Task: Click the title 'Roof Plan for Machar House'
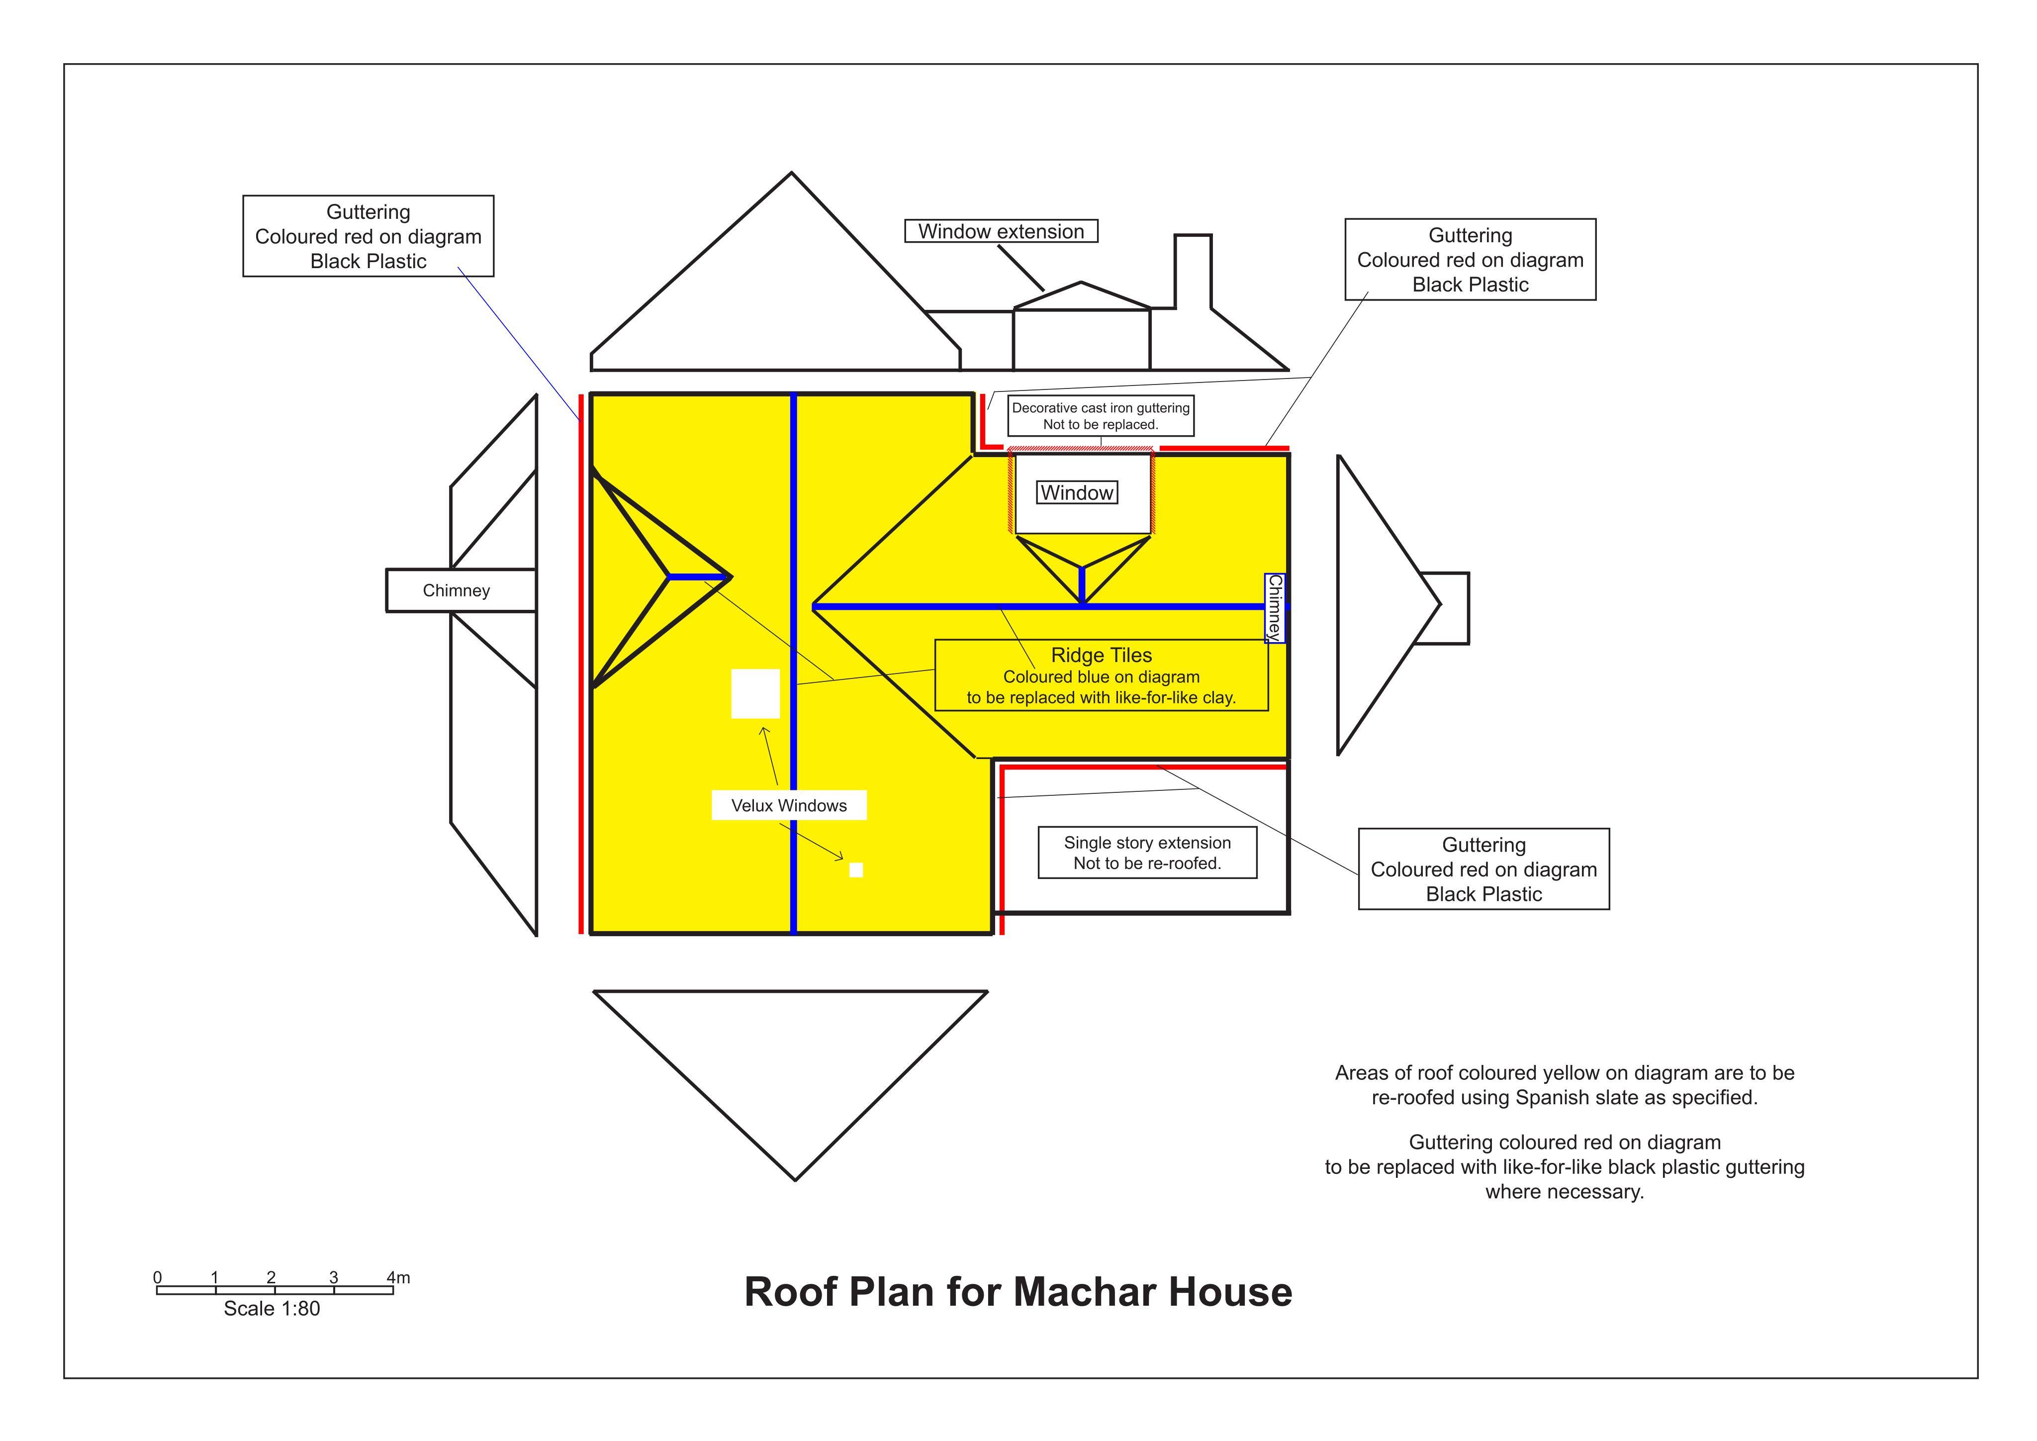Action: (x=1018, y=1292)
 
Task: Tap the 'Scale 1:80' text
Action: (x=272, y=1309)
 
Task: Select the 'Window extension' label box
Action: (x=1001, y=232)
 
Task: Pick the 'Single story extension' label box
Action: (x=1147, y=853)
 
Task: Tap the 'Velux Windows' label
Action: (x=789, y=806)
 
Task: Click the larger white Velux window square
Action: (x=755, y=694)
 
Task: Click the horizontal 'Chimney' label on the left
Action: (x=456, y=591)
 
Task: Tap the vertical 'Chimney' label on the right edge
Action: (x=1275, y=608)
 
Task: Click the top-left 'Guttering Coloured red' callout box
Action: (x=368, y=236)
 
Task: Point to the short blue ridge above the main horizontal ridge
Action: (x=1082, y=585)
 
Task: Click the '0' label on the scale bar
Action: (x=158, y=1278)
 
